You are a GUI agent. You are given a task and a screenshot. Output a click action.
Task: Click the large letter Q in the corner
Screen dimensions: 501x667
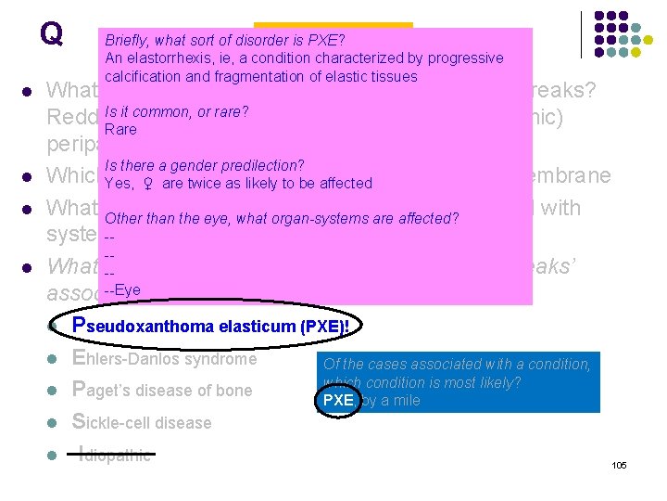[51, 34]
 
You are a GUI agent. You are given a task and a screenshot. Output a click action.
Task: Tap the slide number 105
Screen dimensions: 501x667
[619, 464]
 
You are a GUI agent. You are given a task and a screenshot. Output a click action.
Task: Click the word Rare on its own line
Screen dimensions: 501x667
[120, 129]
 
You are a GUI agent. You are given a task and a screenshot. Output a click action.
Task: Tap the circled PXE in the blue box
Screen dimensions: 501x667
[337, 400]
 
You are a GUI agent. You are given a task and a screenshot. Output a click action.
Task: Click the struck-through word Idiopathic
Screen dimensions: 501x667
[116, 454]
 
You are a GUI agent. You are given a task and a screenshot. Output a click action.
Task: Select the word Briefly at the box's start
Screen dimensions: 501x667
[128, 40]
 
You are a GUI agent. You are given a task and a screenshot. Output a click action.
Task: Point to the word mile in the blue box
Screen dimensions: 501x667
[405, 400]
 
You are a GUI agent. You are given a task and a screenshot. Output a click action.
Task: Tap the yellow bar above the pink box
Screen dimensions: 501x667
[333, 24]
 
